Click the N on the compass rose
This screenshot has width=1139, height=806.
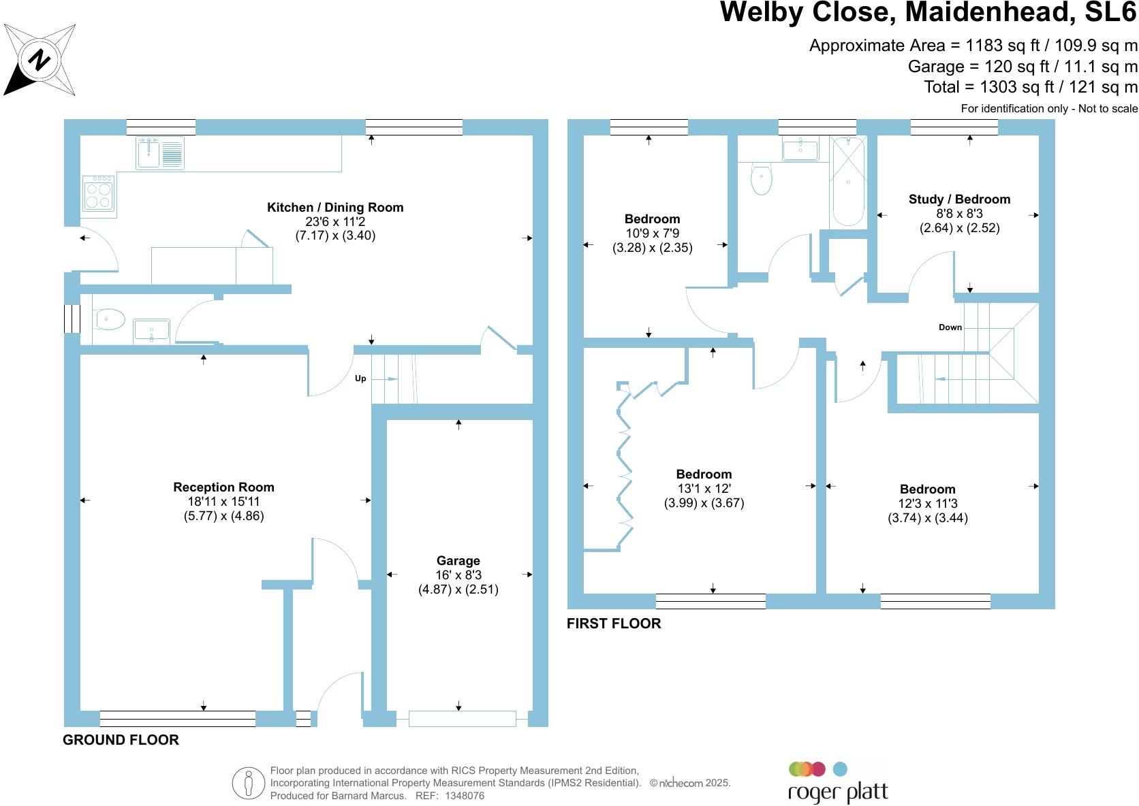point(39,60)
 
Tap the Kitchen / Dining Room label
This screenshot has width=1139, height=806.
point(335,208)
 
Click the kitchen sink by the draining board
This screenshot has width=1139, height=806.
point(149,152)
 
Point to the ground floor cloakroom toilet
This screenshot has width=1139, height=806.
point(108,319)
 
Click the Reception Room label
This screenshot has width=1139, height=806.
point(223,487)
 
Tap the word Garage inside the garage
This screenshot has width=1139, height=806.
point(458,560)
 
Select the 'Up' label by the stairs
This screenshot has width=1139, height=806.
point(360,378)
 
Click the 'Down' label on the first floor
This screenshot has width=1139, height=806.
point(950,327)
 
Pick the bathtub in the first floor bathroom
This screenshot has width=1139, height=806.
point(847,181)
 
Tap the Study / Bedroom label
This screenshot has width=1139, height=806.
point(960,199)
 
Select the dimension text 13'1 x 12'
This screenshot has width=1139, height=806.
point(704,488)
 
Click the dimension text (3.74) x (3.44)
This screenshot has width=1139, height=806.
point(928,518)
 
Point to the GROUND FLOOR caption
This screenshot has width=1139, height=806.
point(121,740)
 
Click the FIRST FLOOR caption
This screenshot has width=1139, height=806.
point(614,624)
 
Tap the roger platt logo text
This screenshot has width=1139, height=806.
point(838,792)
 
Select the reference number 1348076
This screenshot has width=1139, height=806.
point(465,796)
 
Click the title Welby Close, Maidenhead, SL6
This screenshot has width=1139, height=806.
point(929,12)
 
